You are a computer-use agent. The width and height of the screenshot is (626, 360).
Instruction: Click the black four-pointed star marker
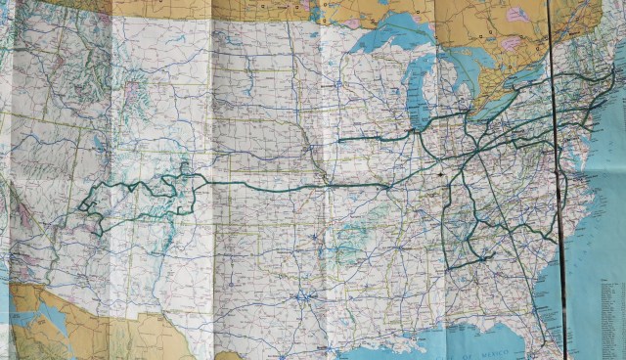pyautogui.click(x=441, y=174)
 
